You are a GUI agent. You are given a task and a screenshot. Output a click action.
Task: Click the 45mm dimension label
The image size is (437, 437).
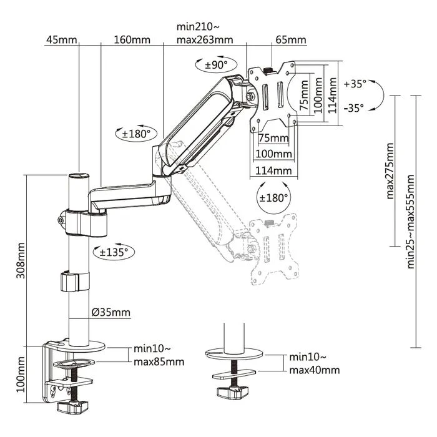[x=61, y=40]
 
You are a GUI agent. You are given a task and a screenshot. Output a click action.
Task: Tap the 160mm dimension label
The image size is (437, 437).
[x=132, y=40]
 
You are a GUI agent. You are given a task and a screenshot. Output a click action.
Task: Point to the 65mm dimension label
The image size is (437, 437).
[x=290, y=40]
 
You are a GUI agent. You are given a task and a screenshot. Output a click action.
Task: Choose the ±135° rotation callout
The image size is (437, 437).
[x=114, y=252]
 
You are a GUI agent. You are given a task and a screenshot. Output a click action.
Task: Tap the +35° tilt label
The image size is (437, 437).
[x=355, y=83]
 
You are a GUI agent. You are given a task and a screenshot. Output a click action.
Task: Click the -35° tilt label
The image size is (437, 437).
[x=353, y=107]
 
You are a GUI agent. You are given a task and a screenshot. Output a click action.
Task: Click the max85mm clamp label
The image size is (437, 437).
[x=159, y=361]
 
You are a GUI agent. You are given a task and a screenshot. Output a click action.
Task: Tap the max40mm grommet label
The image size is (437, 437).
[x=314, y=370]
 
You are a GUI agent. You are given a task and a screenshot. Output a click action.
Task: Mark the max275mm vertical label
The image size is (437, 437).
[x=390, y=171]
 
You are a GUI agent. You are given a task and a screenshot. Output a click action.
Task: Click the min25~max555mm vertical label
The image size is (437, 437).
[x=410, y=222]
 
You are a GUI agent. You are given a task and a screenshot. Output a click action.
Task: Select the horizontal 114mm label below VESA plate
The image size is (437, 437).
[x=275, y=170]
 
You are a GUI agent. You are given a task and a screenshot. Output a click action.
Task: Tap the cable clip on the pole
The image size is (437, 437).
[x=75, y=280]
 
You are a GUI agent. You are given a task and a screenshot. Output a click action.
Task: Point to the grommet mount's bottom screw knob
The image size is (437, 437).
[x=229, y=393]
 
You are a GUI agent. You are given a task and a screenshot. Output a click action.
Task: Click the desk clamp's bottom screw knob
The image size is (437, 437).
[x=71, y=407]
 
